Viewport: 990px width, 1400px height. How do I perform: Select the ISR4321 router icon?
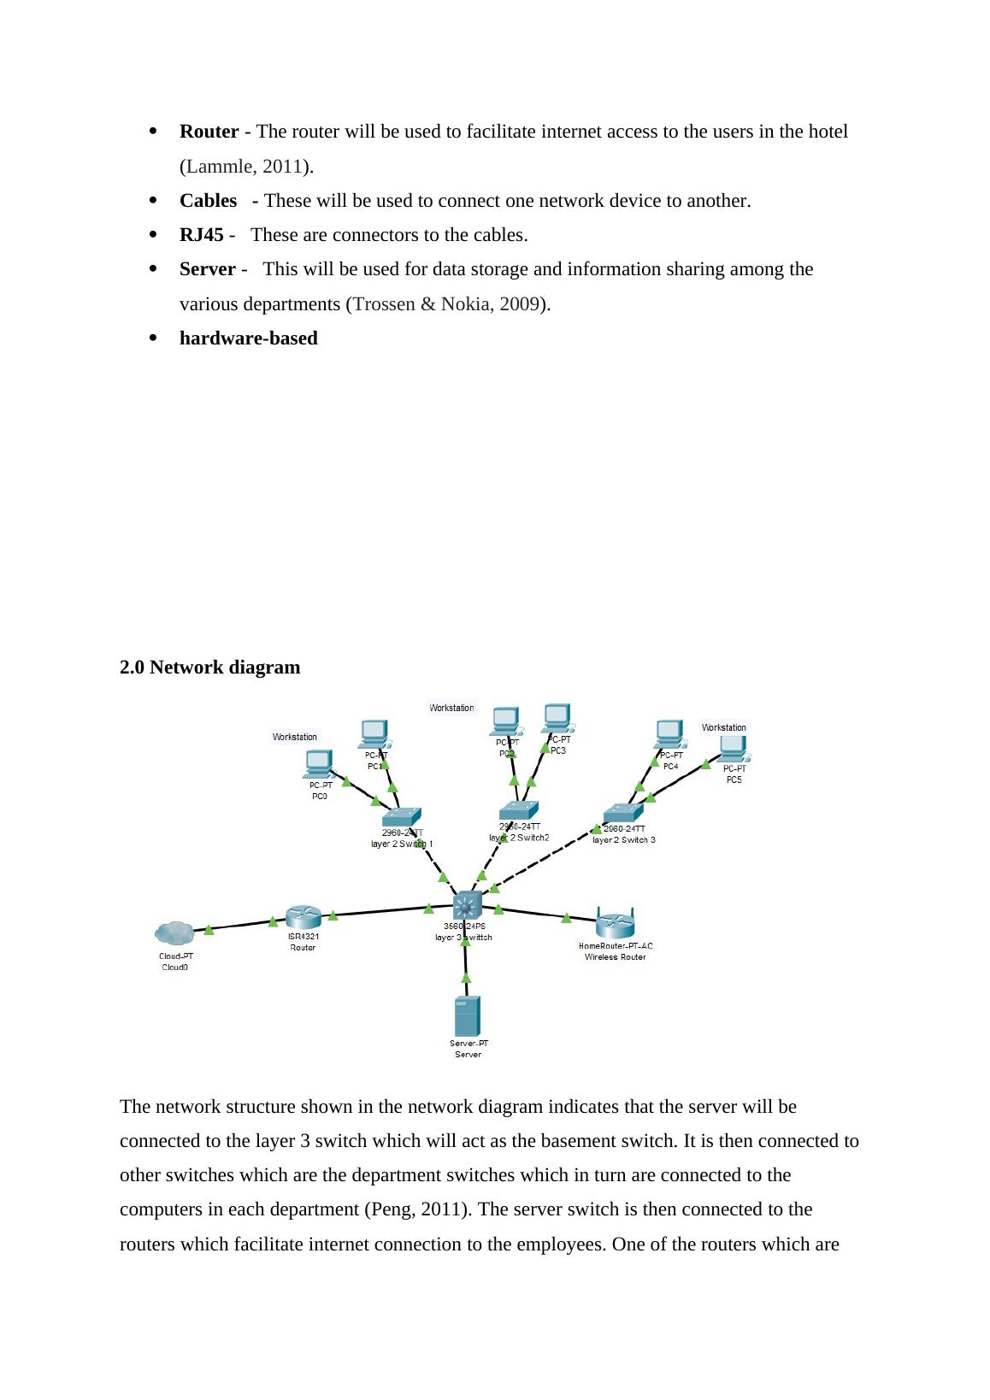(x=303, y=917)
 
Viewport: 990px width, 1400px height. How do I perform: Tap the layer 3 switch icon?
(x=467, y=904)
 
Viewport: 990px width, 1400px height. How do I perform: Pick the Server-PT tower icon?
(x=467, y=1016)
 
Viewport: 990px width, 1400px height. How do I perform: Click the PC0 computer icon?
(x=318, y=763)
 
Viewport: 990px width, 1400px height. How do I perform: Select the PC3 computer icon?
(x=557, y=718)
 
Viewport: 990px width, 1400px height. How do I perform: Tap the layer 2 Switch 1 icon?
(x=402, y=817)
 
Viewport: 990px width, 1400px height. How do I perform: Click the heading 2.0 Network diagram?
(x=209, y=668)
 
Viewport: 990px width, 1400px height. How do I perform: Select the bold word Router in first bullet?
(x=209, y=132)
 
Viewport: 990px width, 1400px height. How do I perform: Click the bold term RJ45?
(x=201, y=235)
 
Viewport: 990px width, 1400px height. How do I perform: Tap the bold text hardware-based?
(x=248, y=338)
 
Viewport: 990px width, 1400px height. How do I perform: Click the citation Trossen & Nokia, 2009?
(x=447, y=304)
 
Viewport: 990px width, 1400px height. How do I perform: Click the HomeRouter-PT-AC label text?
(x=615, y=946)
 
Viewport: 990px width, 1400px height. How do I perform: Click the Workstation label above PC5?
(x=723, y=727)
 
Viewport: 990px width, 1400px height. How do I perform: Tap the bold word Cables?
(x=208, y=201)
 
